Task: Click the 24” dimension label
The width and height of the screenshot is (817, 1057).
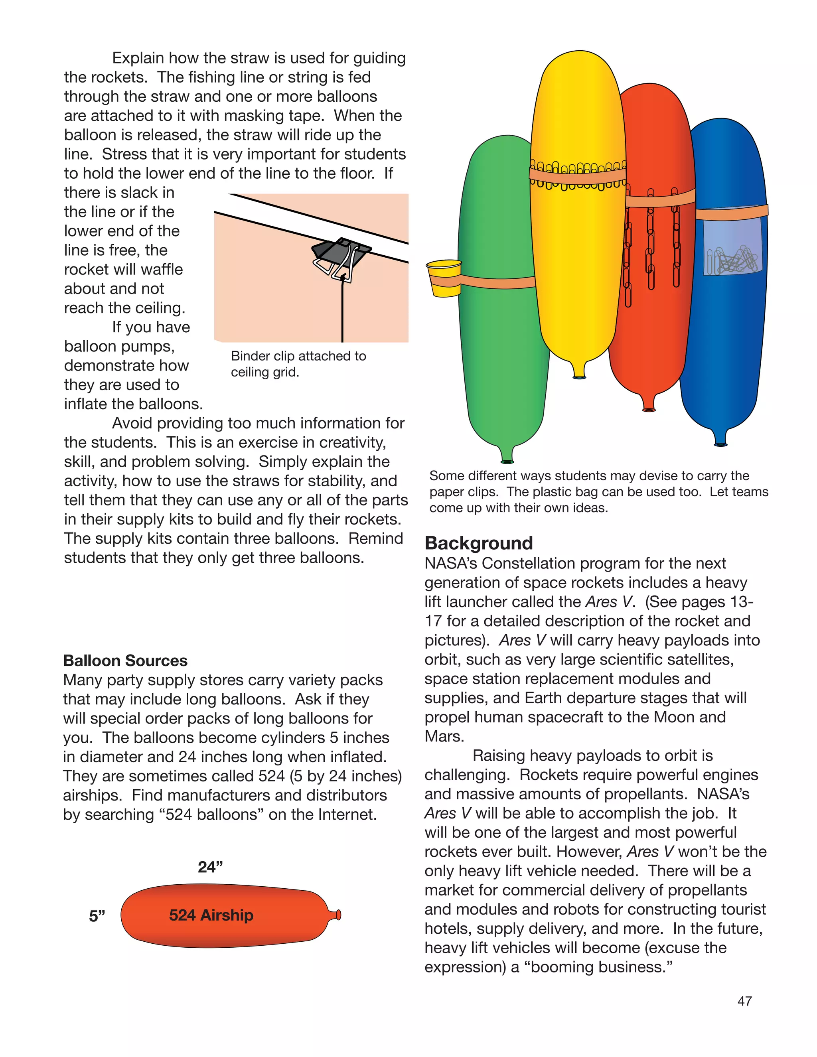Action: coord(210,866)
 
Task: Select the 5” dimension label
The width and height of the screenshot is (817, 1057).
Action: coord(97,916)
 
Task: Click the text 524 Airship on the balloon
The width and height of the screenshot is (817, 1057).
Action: coord(211,915)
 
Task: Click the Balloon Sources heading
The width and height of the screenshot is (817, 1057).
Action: coord(125,661)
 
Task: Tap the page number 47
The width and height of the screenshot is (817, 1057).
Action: coord(744,1001)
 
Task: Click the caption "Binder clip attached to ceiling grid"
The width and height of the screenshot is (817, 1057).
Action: coord(298,364)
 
